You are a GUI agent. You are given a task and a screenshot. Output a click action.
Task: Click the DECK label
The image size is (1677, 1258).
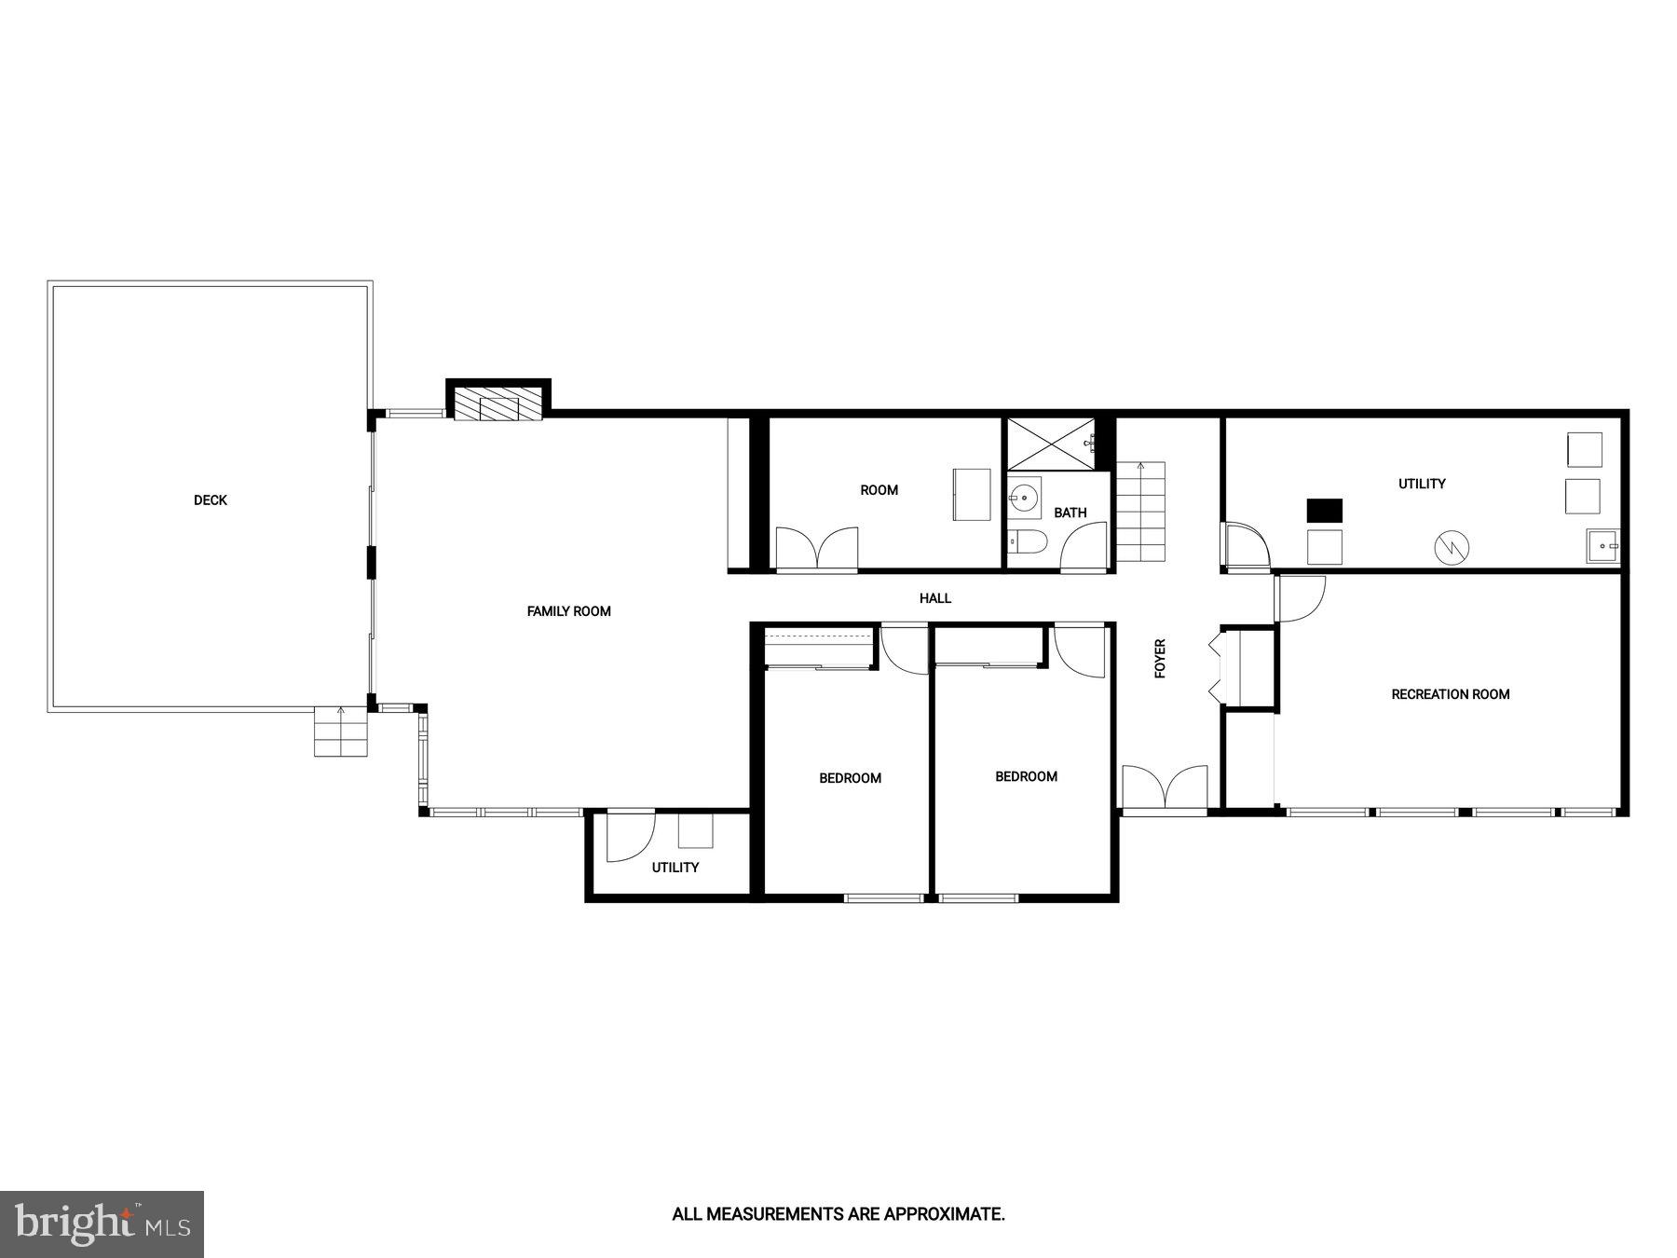[210, 500]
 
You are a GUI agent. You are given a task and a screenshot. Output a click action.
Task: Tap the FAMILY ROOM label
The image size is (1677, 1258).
[568, 611]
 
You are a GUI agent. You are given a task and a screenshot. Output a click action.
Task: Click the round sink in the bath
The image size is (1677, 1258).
[1025, 498]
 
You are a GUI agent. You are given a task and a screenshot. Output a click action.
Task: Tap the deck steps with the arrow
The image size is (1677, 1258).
[340, 732]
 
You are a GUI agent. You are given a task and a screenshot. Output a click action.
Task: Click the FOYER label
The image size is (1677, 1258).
[1160, 658]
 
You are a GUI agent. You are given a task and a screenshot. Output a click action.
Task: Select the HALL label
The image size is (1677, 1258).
[934, 598]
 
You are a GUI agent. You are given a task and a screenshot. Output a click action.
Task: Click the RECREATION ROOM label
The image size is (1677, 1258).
[1450, 694]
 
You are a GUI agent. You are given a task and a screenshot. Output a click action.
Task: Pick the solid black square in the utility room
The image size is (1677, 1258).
[1324, 511]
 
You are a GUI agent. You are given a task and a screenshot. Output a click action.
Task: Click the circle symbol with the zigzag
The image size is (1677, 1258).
[1451, 548]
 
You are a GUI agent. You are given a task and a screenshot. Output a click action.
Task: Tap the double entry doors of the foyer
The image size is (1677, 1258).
[1165, 787]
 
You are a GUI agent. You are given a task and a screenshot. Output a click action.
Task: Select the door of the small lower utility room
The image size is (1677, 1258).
[630, 837]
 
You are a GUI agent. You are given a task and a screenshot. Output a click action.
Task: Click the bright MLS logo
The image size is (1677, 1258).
[102, 1224]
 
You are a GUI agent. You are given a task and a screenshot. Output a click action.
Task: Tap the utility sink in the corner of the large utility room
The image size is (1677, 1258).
[1602, 546]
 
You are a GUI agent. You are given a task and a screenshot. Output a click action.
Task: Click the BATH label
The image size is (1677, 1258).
[1070, 513]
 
